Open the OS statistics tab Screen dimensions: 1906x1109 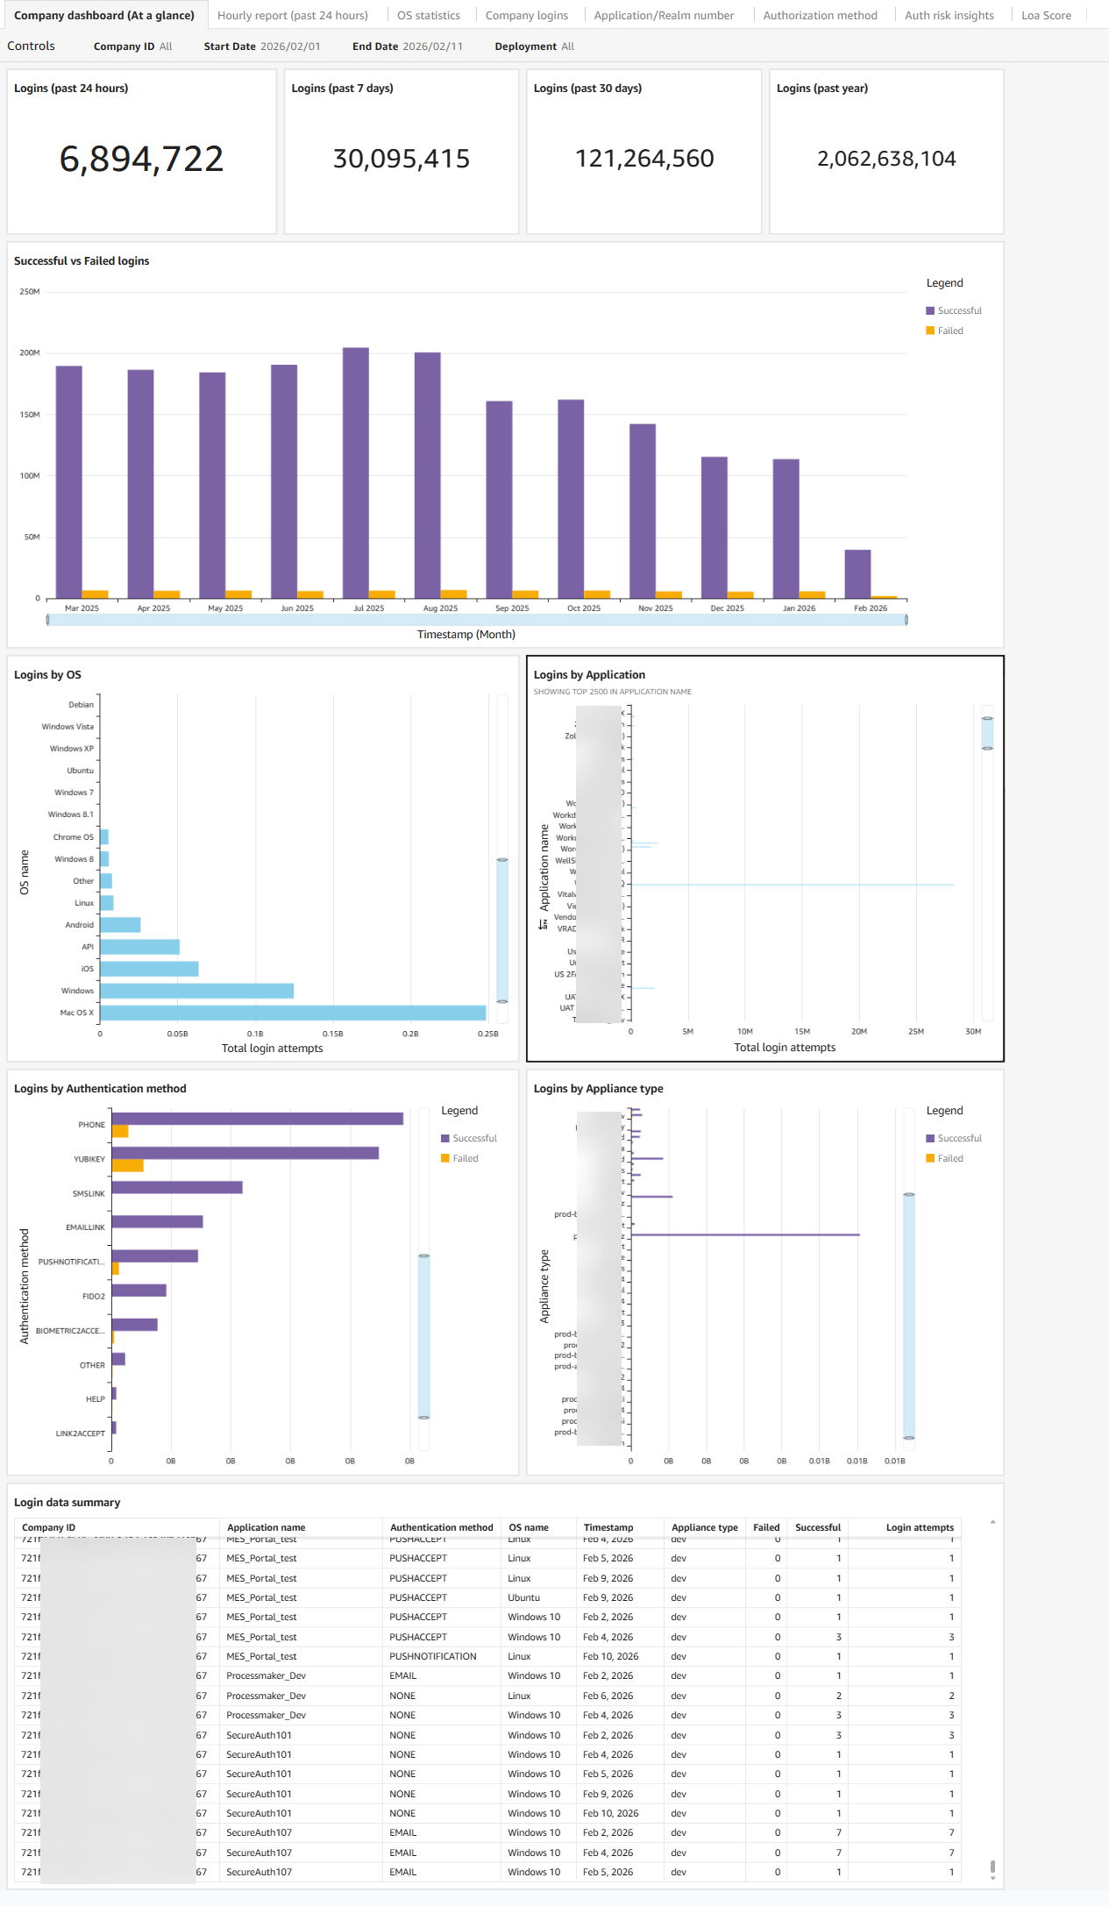(428, 15)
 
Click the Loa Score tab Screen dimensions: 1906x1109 (1046, 15)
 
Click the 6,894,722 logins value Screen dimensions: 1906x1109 (141, 159)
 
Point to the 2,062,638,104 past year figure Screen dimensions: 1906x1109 (885, 159)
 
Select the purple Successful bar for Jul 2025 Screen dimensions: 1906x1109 (355, 473)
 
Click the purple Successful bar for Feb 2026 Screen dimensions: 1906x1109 (857, 574)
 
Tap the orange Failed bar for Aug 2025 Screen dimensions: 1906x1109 (453, 594)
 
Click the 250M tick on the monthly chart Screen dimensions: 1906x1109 (30, 291)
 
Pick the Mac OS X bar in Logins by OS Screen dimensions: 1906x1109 (292, 1013)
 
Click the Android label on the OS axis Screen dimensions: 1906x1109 (79, 925)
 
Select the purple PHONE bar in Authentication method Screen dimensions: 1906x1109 (257, 1119)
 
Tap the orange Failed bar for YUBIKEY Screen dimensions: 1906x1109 (127, 1166)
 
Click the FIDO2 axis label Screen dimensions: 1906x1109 (93, 1297)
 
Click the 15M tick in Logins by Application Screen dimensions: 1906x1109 (801, 1032)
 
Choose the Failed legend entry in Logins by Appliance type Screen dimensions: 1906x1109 (949, 1158)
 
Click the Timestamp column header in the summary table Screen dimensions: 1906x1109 (608, 1527)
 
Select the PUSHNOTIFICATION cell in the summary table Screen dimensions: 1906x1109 (433, 1656)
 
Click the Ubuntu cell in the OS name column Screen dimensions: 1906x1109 (523, 1597)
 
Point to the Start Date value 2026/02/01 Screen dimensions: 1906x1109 (290, 46)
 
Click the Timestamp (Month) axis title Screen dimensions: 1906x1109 (466, 634)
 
